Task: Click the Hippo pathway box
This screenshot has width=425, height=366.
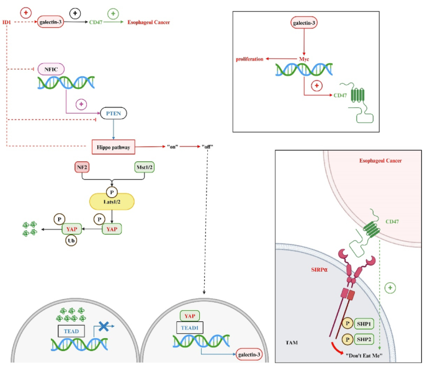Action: [112, 146]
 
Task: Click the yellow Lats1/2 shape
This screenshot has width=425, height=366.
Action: [112, 202]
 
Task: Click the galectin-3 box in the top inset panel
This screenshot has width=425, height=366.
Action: [303, 24]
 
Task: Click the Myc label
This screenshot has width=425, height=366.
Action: [303, 59]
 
